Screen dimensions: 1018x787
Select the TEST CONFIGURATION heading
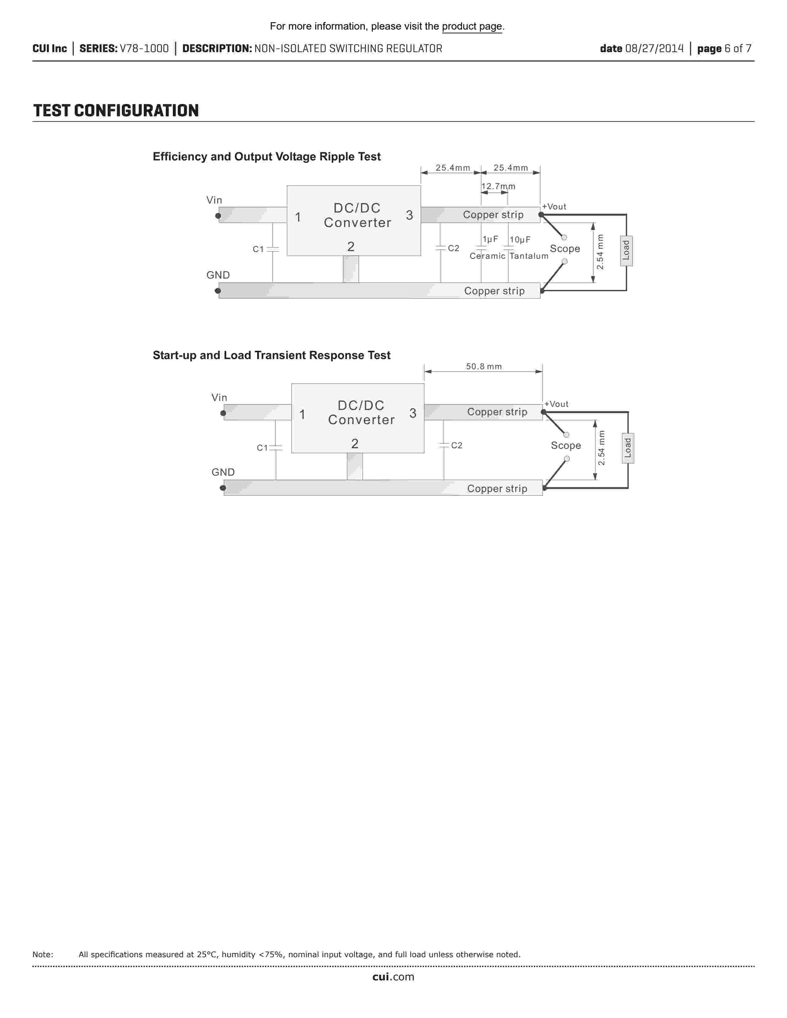[116, 111]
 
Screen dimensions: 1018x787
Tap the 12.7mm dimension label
[498, 186]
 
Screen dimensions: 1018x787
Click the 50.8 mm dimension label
[484, 366]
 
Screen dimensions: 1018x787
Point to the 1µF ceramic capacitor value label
[490, 240]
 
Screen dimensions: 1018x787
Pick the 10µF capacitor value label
[520, 240]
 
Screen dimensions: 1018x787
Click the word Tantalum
[529, 256]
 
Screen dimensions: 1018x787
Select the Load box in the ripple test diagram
[626, 251]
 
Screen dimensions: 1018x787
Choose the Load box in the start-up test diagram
[627, 448]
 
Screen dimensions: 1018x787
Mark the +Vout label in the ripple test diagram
[554, 206]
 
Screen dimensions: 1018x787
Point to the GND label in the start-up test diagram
[223, 472]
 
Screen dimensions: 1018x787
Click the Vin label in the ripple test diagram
[214, 200]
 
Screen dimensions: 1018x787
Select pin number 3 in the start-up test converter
[413, 413]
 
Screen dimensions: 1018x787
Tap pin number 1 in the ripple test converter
[298, 217]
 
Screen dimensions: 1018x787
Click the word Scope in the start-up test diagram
[565, 446]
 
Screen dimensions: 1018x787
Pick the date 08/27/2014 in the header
[654, 48]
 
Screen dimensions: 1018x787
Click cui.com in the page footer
[393, 977]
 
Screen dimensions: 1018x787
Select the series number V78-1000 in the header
[144, 48]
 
